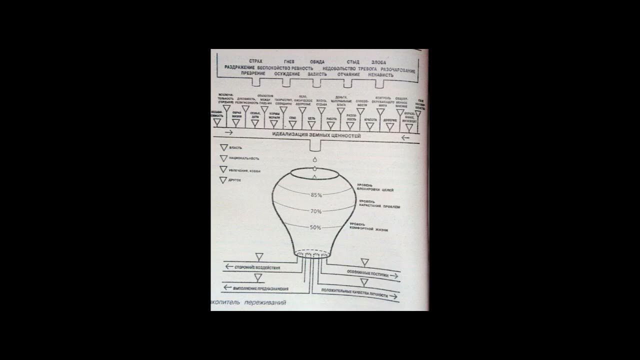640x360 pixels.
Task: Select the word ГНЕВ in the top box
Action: coord(289,61)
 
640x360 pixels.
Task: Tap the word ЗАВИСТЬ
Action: coord(317,74)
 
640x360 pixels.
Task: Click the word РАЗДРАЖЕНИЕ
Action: coord(240,67)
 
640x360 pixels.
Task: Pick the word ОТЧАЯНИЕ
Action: coord(348,74)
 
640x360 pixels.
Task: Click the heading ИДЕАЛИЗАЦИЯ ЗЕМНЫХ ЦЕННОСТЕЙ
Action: coord(316,135)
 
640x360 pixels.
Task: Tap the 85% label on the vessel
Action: coord(316,194)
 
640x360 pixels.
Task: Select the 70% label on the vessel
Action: coord(315,211)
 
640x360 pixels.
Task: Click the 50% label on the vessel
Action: coord(315,227)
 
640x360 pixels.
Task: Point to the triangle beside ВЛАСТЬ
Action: coord(223,148)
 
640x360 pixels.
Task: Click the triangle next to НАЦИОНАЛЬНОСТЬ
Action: coord(223,158)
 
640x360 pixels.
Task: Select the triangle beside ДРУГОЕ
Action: coord(223,180)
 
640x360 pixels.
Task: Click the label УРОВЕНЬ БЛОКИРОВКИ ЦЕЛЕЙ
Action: coord(375,188)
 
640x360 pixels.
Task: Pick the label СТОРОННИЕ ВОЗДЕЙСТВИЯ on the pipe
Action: coord(257,267)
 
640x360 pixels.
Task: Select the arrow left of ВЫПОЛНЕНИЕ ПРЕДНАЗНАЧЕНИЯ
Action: coord(228,287)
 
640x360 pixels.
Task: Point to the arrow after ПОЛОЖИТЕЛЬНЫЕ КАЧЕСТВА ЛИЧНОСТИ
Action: coord(393,296)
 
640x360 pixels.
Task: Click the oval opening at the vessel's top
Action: coord(315,173)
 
